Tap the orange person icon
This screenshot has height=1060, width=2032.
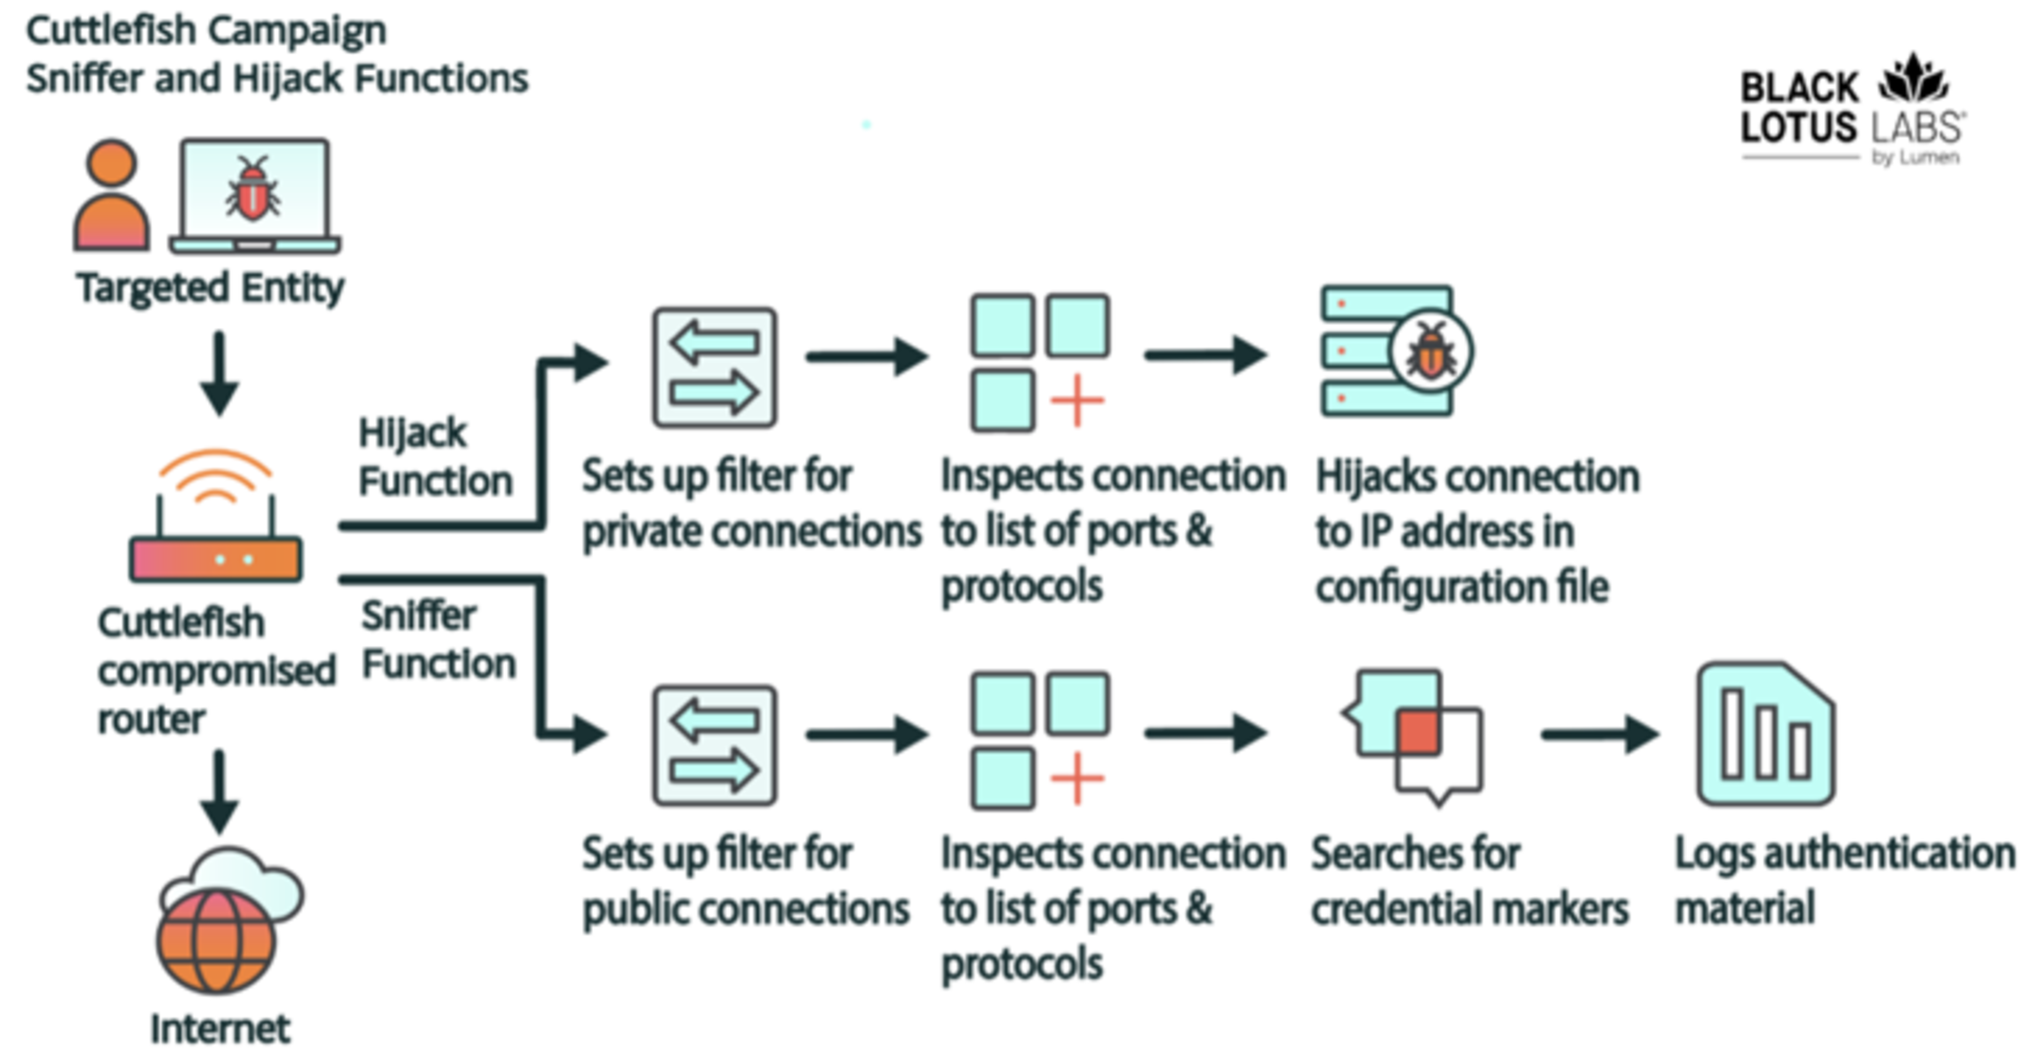(x=111, y=195)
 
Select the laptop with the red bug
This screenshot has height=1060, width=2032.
(x=254, y=195)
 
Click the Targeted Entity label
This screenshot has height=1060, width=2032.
(x=210, y=288)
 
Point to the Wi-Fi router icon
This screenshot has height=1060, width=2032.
(x=216, y=520)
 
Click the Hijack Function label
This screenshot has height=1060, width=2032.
(x=435, y=458)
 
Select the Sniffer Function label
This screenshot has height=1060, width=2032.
(x=438, y=640)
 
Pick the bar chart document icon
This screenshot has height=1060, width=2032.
(x=1765, y=734)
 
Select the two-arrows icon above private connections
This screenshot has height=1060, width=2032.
(x=715, y=368)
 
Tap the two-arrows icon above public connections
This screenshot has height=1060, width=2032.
(x=715, y=745)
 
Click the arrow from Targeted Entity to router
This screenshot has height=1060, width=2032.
(x=219, y=373)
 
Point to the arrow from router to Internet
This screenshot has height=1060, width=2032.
(x=219, y=791)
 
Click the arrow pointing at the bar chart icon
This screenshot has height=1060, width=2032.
(x=1599, y=735)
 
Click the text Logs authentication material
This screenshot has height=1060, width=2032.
(x=1844, y=881)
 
